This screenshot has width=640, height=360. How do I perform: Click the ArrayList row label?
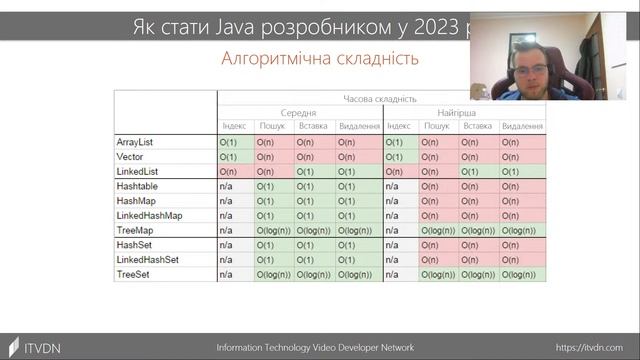pyautogui.click(x=134, y=143)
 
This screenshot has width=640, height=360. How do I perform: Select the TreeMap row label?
pyautogui.click(x=133, y=230)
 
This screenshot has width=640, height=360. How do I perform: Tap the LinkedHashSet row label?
pyautogui.click(x=147, y=259)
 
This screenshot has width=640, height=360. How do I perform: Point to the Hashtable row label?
pyautogui.click(x=136, y=187)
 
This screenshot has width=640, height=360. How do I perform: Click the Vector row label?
pyautogui.click(x=129, y=157)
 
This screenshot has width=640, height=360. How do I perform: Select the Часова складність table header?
pyautogui.click(x=380, y=99)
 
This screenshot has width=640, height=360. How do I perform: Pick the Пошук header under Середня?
pyautogui.click(x=272, y=127)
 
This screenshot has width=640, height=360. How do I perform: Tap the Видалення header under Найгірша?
pyautogui.click(x=522, y=127)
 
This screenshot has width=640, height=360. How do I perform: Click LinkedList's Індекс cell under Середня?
pyautogui.click(x=234, y=172)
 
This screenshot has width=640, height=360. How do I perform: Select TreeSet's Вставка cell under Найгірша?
pyautogui.click(x=479, y=274)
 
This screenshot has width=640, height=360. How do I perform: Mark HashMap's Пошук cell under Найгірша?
pyautogui.click(x=437, y=201)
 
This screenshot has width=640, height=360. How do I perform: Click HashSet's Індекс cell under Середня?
pyautogui.click(x=234, y=245)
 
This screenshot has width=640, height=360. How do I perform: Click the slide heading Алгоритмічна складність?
pyautogui.click(x=320, y=59)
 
